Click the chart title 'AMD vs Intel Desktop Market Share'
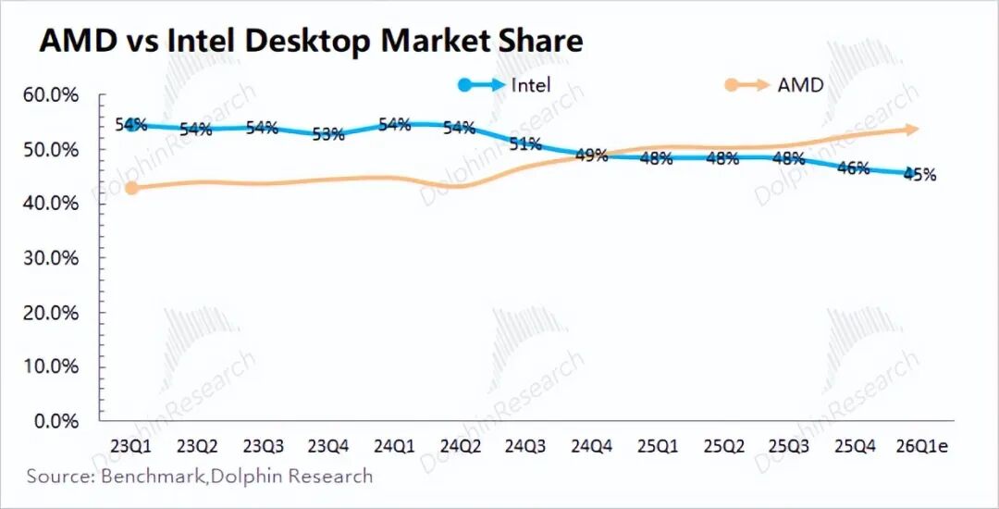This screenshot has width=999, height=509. [311, 41]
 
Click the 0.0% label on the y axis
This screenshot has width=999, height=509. [58, 421]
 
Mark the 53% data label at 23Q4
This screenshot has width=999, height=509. [328, 134]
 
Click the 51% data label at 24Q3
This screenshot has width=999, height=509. [525, 143]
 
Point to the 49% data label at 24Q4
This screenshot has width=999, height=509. [591, 155]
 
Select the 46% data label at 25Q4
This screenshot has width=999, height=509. [854, 168]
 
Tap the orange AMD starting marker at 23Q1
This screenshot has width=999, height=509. [132, 188]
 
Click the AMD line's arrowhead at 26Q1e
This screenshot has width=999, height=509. [911, 130]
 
